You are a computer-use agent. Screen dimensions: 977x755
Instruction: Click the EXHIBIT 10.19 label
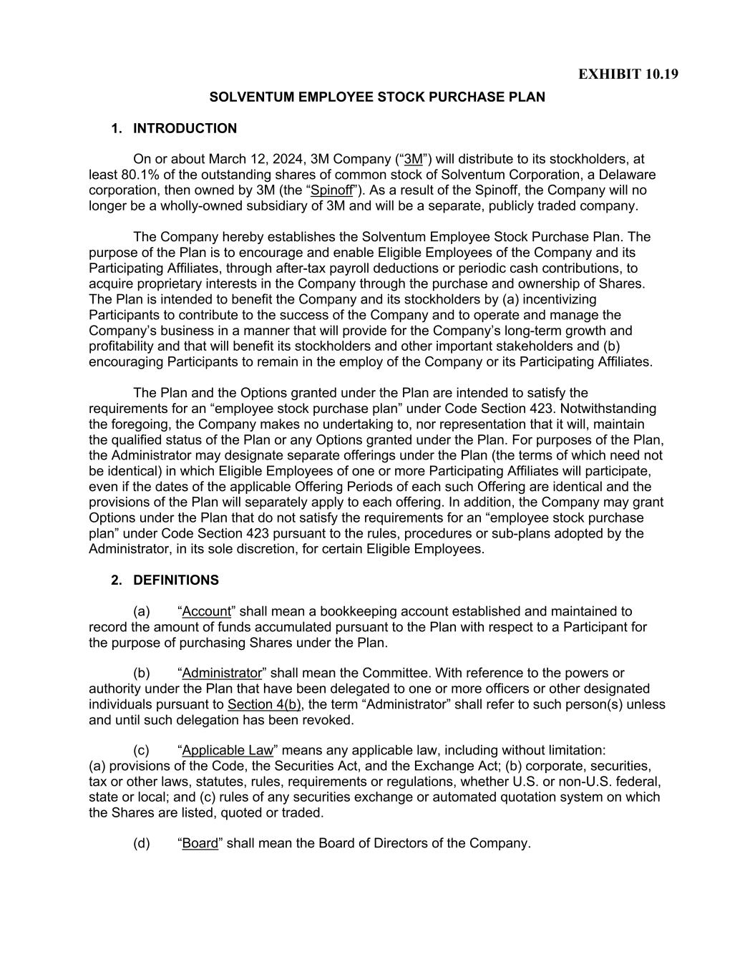[628, 74]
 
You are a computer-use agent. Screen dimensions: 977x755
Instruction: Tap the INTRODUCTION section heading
[185, 129]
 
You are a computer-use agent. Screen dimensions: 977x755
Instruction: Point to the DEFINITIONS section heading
[176, 580]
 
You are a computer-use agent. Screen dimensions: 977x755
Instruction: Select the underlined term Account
[207, 612]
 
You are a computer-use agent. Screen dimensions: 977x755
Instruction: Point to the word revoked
[329, 721]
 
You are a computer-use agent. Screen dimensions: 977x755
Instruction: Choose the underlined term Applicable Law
[228, 751]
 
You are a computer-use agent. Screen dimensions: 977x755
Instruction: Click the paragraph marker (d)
[142, 844]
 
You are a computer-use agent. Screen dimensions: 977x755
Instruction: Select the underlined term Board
[200, 844]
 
